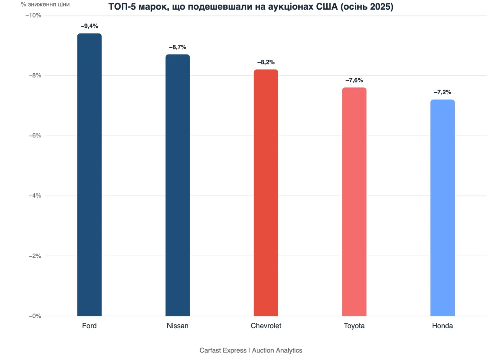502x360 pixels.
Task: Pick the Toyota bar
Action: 354,202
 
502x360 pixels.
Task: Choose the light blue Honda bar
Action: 442,208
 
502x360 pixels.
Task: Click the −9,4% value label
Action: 90,26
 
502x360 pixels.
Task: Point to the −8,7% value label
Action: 177,47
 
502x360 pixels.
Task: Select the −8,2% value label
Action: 266,62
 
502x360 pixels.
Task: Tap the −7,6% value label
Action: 354,80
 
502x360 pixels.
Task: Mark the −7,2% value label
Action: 442,92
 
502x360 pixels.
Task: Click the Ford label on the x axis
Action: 90,326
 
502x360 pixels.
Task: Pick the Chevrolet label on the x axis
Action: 266,326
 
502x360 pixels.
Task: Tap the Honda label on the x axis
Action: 442,326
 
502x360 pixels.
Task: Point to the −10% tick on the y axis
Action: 34,15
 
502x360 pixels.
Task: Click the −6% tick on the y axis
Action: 35,136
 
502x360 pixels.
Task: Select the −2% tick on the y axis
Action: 35,256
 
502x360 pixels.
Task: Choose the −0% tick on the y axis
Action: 35,316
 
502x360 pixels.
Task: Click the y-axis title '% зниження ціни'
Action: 45,5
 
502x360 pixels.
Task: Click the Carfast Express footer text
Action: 223,350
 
